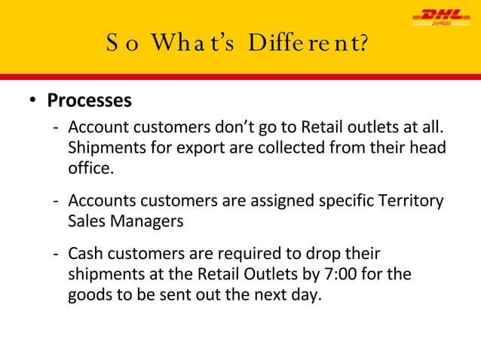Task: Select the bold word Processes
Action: tap(89, 100)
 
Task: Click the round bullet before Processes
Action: tap(33, 101)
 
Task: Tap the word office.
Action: tap(91, 167)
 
